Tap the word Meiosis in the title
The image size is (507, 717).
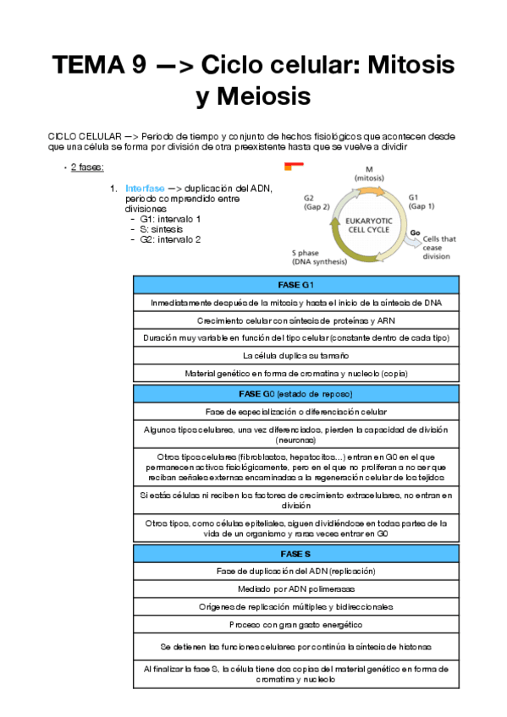tap(253, 96)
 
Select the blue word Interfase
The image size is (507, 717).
tap(146, 188)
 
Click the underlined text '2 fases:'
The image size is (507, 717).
tap(87, 167)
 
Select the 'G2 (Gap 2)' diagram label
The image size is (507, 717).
tap(311, 202)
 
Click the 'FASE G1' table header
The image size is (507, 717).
tap(295, 284)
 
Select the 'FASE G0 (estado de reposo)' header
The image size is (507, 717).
tap(295, 395)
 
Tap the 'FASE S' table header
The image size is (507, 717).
tap(295, 552)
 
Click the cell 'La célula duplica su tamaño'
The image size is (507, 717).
tap(295, 355)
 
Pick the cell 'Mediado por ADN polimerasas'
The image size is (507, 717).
tap(295, 588)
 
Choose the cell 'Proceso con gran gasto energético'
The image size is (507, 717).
tap(295, 625)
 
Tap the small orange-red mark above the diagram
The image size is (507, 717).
tap(291, 167)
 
